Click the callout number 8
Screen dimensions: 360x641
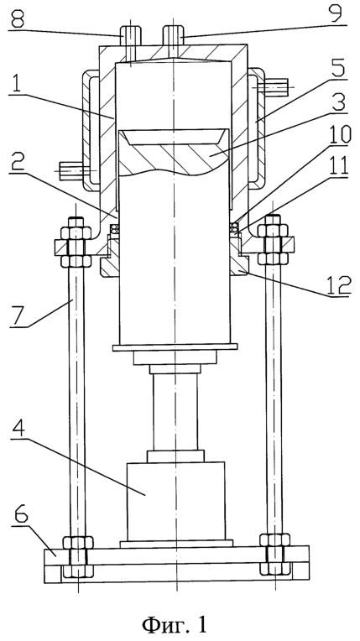click(x=17, y=18)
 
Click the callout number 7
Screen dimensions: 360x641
click(x=18, y=317)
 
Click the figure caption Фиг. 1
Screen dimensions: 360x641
click(x=175, y=624)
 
